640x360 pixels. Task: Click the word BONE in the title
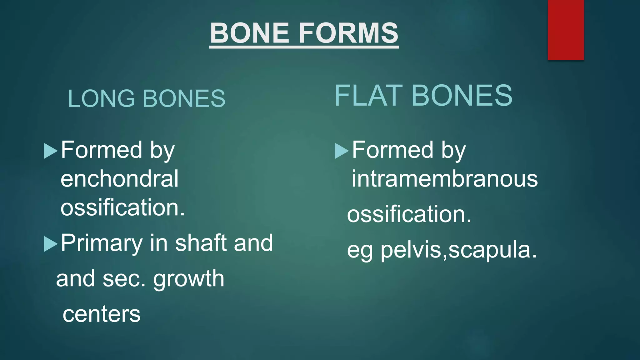[249, 33]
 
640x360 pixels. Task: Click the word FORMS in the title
[348, 33]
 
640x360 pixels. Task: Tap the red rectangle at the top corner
[566, 30]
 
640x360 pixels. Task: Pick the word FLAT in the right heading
[368, 96]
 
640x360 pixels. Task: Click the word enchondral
[119, 179]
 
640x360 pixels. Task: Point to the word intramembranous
[445, 179]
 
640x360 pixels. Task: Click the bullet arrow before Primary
[51, 244]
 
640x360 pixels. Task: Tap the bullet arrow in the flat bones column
[342, 151]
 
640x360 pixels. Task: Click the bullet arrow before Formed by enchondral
[51, 151]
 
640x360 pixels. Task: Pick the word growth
[188, 278]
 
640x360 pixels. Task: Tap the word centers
[102, 314]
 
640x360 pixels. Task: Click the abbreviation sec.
[124, 279]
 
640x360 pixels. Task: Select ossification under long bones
[122, 207]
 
